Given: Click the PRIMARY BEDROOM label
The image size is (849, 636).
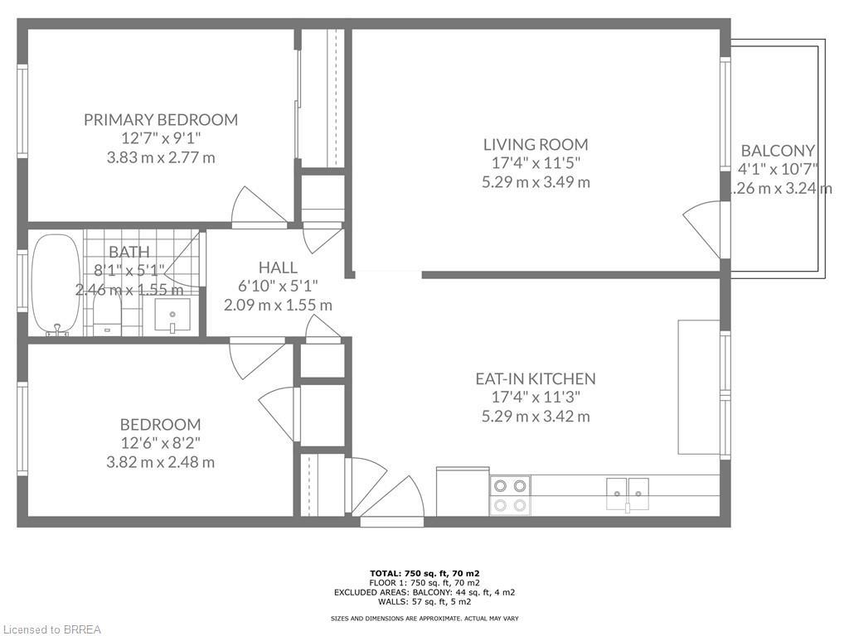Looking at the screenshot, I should pos(160,119).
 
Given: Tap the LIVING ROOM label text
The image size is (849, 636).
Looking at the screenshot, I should pos(536,144).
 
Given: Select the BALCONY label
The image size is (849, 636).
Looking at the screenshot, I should pos(777,151).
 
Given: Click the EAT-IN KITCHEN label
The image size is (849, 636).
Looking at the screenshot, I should pos(535,378).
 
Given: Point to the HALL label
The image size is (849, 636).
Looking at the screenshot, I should pos(278,267).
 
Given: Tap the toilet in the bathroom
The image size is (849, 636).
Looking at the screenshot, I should pos(107,316).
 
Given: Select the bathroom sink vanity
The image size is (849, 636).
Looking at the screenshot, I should pos(172,316).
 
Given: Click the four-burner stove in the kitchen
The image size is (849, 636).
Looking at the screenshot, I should pos(510,495).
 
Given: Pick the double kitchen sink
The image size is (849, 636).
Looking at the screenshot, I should pos(627,494).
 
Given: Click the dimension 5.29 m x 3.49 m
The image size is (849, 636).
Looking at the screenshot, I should pos(536,182).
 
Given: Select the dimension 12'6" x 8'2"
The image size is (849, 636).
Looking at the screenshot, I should pos(160,443).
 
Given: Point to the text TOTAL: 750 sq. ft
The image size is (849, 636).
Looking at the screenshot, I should pos(424,573).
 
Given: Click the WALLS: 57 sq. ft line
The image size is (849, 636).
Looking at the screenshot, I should pos(424,602).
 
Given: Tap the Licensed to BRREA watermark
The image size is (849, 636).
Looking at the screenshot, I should pos(51,629).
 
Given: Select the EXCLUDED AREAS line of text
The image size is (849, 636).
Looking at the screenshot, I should pos(424,592).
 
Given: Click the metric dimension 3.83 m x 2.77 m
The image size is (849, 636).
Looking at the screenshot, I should pos(160,157).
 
